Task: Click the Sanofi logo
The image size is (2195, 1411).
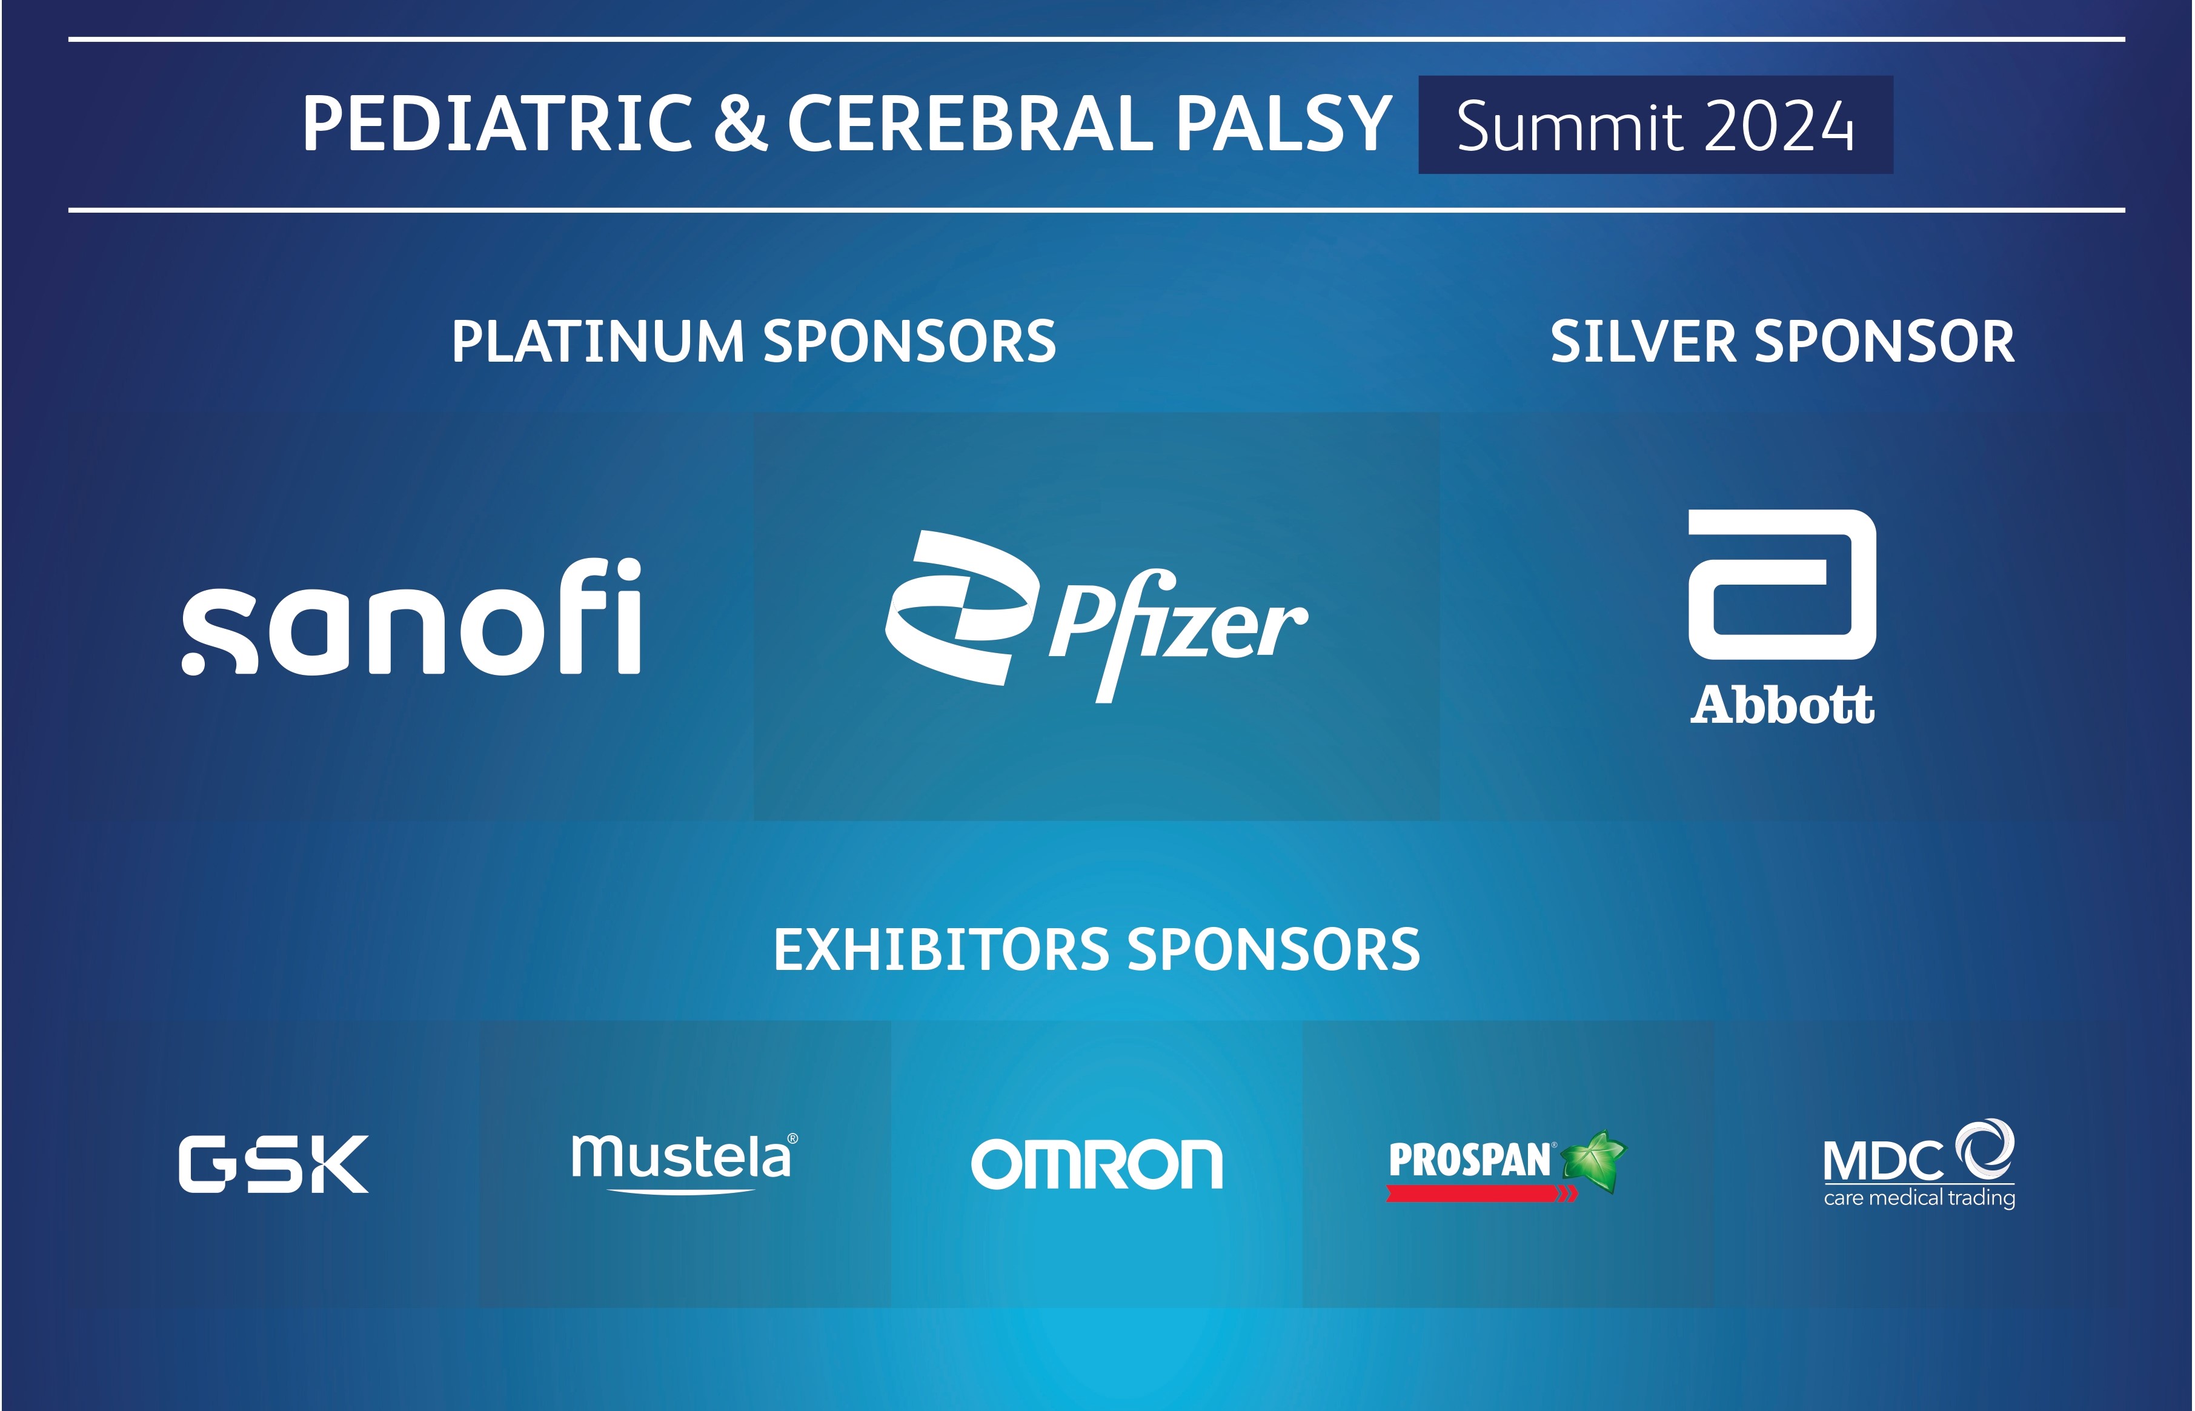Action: click(x=411, y=616)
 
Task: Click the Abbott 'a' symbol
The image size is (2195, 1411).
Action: click(x=1782, y=585)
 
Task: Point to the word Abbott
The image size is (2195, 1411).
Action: click(x=1782, y=705)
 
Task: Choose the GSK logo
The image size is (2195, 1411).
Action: click(x=273, y=1164)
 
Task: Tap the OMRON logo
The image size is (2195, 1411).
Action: click(x=1097, y=1164)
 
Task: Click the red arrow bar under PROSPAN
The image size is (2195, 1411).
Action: click(x=1481, y=1193)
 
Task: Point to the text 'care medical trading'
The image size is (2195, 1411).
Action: click(x=1919, y=1198)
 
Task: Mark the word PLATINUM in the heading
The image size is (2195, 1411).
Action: click(x=597, y=342)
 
